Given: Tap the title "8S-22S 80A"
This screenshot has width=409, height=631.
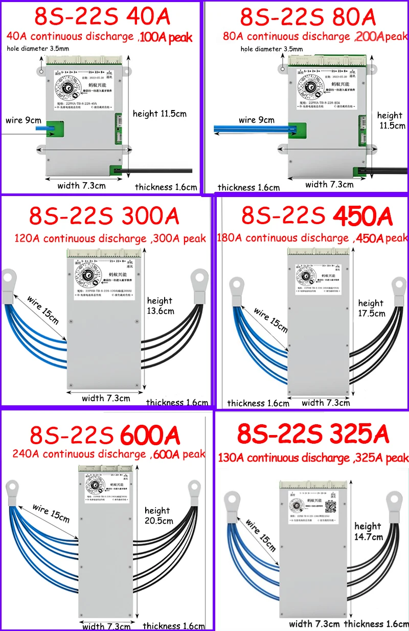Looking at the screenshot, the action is tap(308, 17).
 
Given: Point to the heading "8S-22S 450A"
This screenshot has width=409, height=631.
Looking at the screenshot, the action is tap(317, 216).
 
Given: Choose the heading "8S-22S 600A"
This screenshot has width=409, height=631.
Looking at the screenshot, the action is tap(105, 436).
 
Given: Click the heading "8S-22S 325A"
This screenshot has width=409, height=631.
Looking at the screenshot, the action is tap(313, 434).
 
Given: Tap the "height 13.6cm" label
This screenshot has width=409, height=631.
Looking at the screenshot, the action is tap(161, 306).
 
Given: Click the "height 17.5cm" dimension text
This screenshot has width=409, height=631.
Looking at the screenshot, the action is tap(371, 308).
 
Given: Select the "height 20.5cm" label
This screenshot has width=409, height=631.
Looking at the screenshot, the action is tap(158, 515).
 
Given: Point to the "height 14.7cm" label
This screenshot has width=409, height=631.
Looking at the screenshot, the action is tap(368, 531).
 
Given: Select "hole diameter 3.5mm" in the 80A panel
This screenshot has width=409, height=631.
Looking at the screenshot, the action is tap(271, 49).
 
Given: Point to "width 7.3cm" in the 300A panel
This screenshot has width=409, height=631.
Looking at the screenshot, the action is tap(105, 398).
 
